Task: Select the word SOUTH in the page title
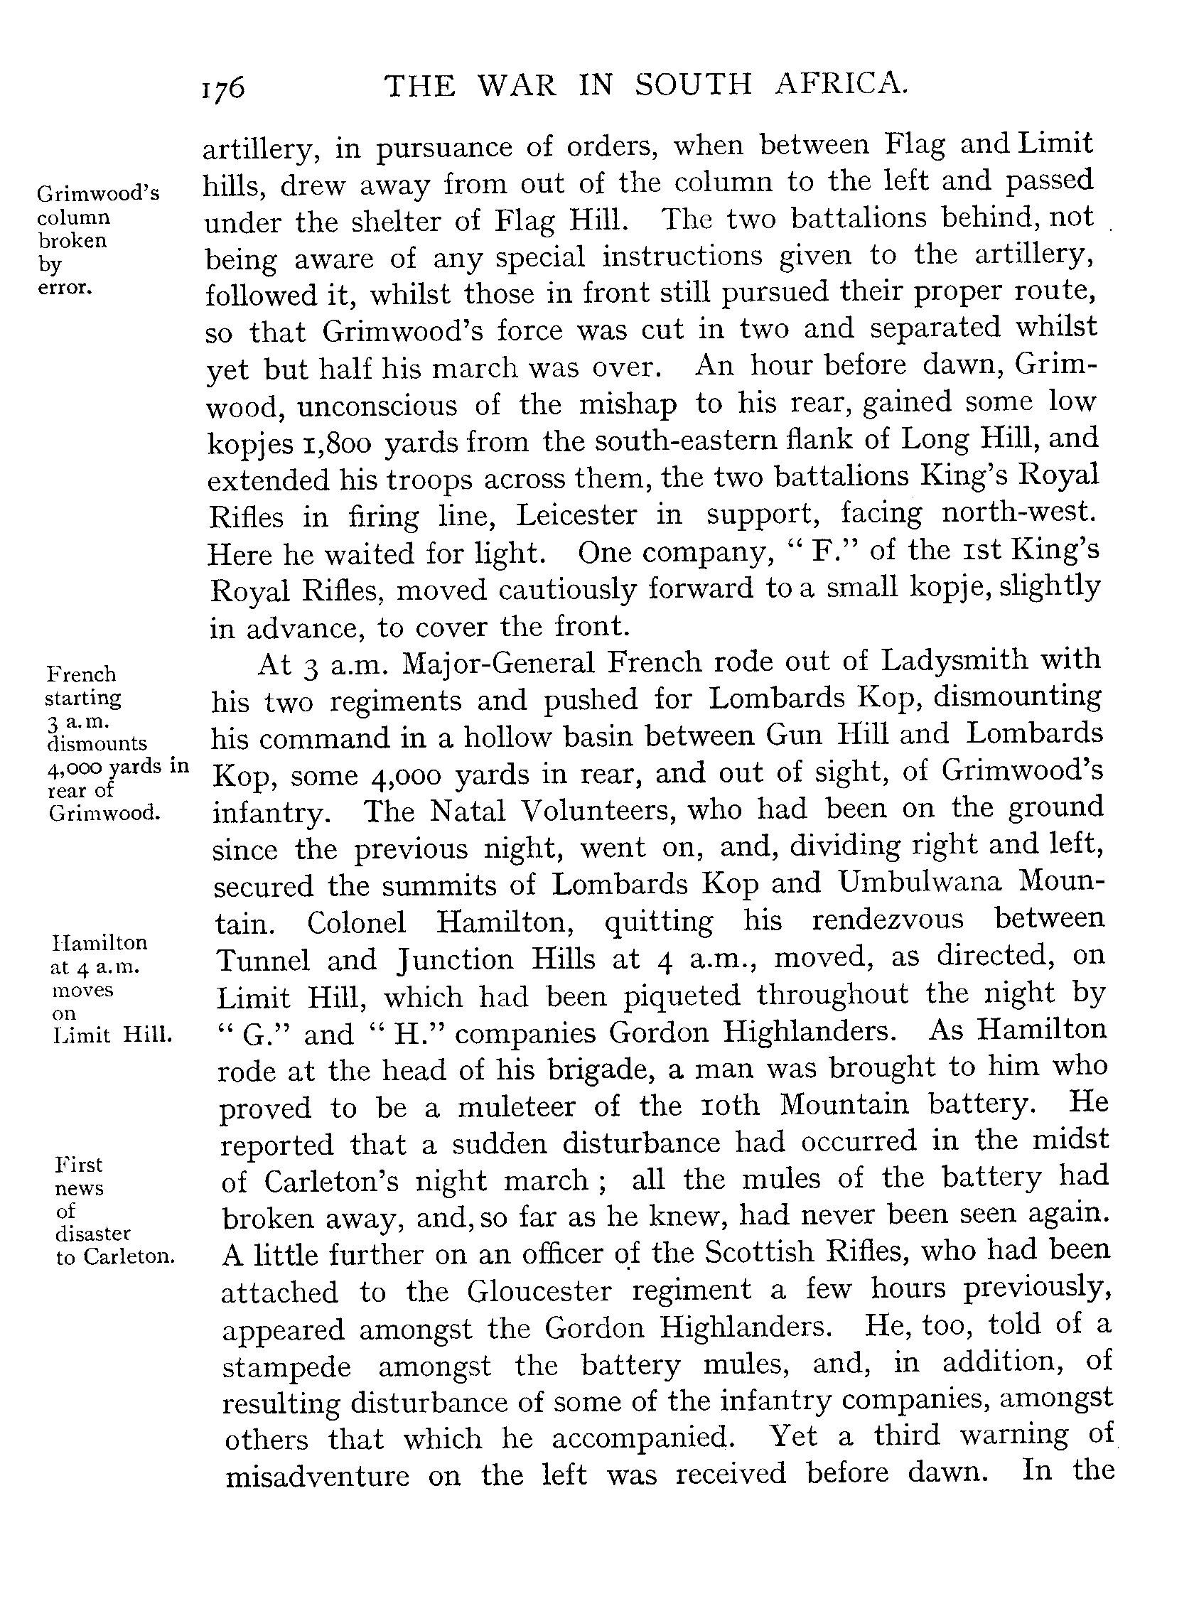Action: (x=694, y=85)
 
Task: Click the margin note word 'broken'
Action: (x=72, y=241)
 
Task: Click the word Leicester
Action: (x=576, y=515)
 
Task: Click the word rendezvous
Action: (x=888, y=920)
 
